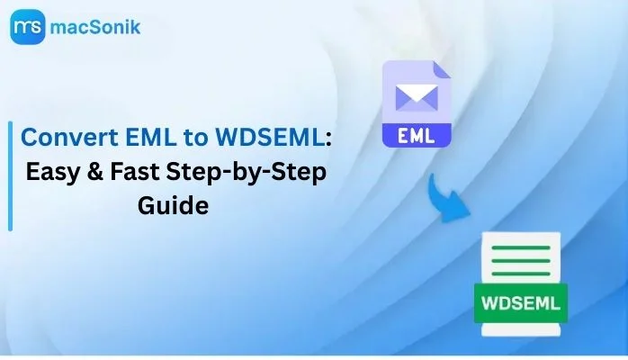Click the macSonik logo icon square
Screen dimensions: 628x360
28,27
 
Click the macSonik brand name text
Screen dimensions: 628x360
95,27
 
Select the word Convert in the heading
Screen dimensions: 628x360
69,137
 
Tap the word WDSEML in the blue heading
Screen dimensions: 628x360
270,137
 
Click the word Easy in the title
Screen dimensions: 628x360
52,172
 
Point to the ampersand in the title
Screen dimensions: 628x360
94,171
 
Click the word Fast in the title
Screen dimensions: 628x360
134,171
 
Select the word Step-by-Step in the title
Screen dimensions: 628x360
247,173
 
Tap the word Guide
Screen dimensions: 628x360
173,205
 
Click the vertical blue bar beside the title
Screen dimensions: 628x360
11,176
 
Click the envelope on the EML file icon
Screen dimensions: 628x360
417,97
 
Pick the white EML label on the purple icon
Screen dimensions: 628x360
417,136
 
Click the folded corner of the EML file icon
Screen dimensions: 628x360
442,69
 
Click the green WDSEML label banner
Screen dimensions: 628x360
521,303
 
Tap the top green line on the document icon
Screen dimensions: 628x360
521,247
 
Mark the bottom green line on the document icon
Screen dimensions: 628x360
521,274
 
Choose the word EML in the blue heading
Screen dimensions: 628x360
150,137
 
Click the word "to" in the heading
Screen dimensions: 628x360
195,138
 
